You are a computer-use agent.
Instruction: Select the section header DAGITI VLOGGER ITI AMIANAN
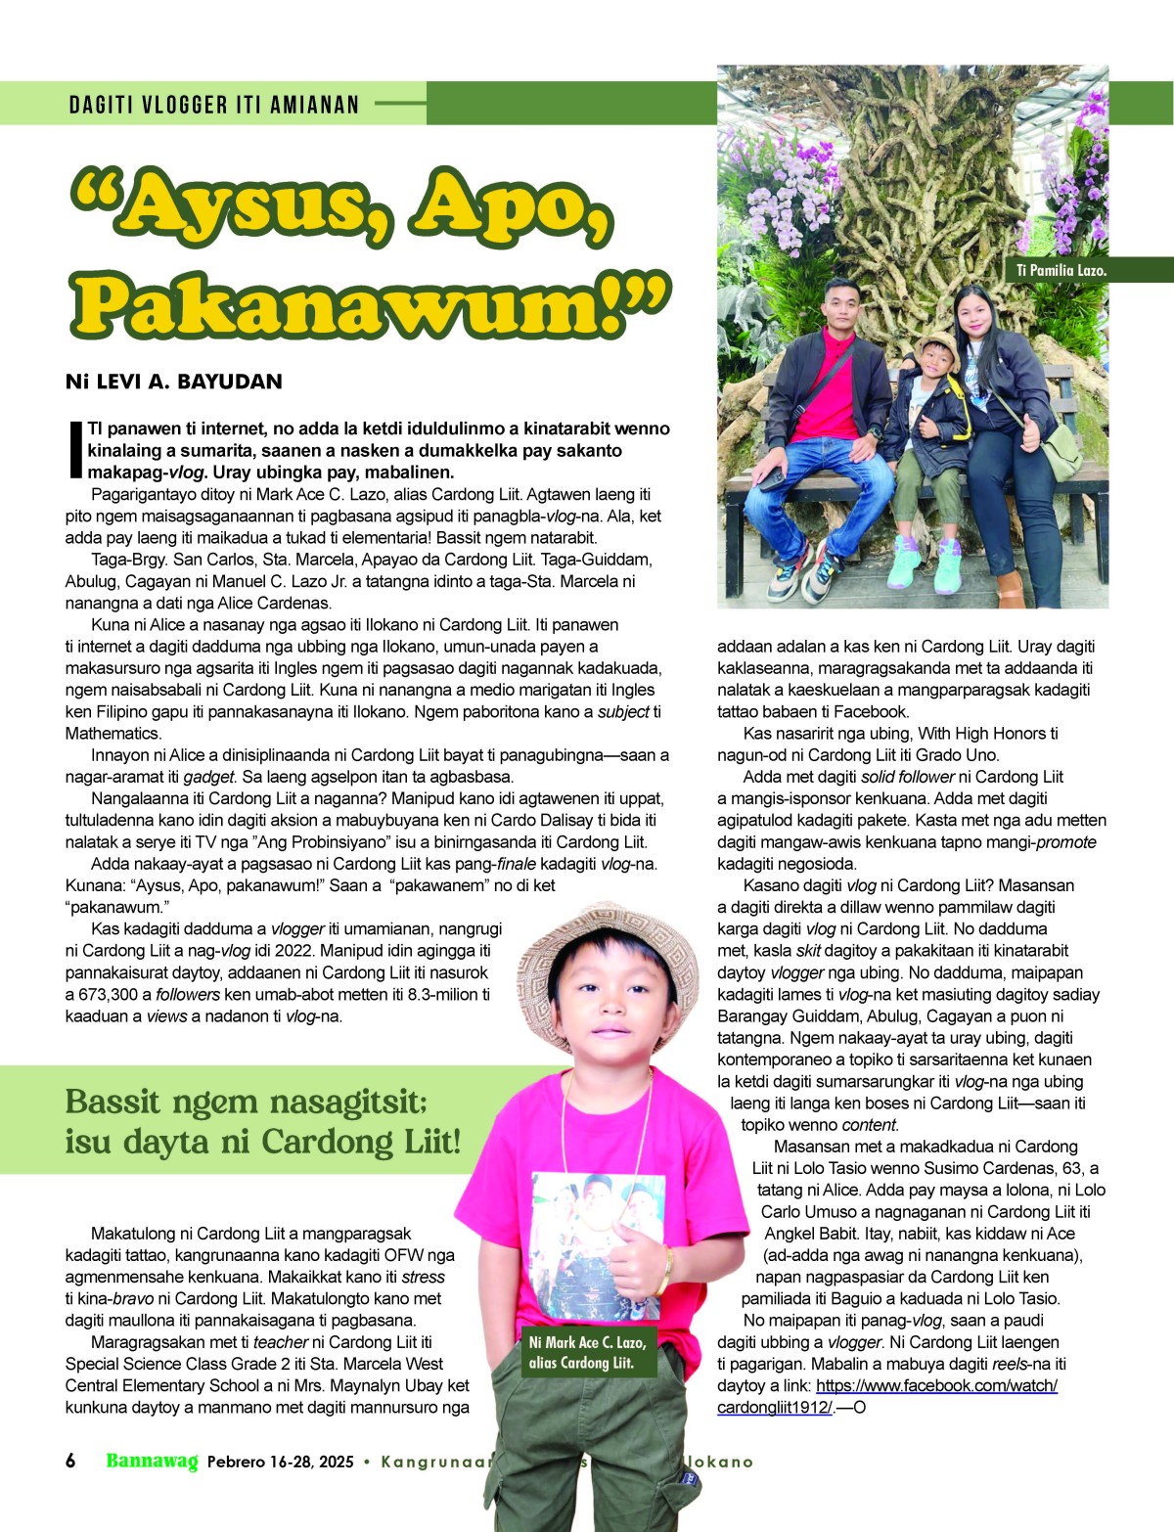214,105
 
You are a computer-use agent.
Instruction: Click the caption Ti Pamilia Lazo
1061,270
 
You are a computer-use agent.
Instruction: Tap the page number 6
70,1461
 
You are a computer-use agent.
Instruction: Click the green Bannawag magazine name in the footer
152,1461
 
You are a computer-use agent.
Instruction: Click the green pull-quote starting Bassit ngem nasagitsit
262,1121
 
